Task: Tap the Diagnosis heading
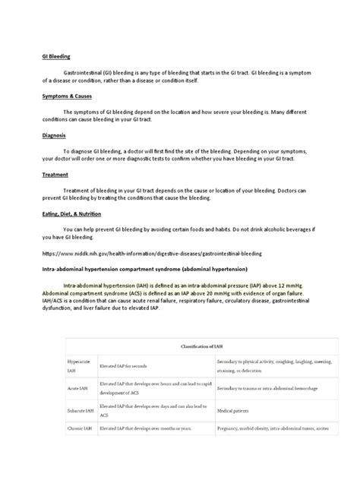[53, 135]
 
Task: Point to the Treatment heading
[55, 174]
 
